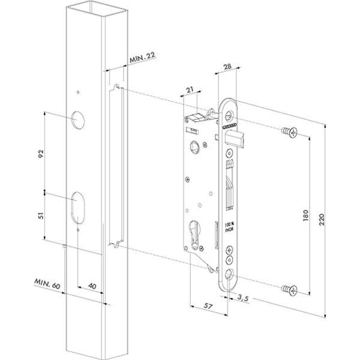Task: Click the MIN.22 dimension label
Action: pos(143,58)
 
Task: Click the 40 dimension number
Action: pos(92,286)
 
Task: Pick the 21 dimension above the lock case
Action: pos(191,90)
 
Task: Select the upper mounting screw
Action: pos(288,133)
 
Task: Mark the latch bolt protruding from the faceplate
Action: pos(237,139)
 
